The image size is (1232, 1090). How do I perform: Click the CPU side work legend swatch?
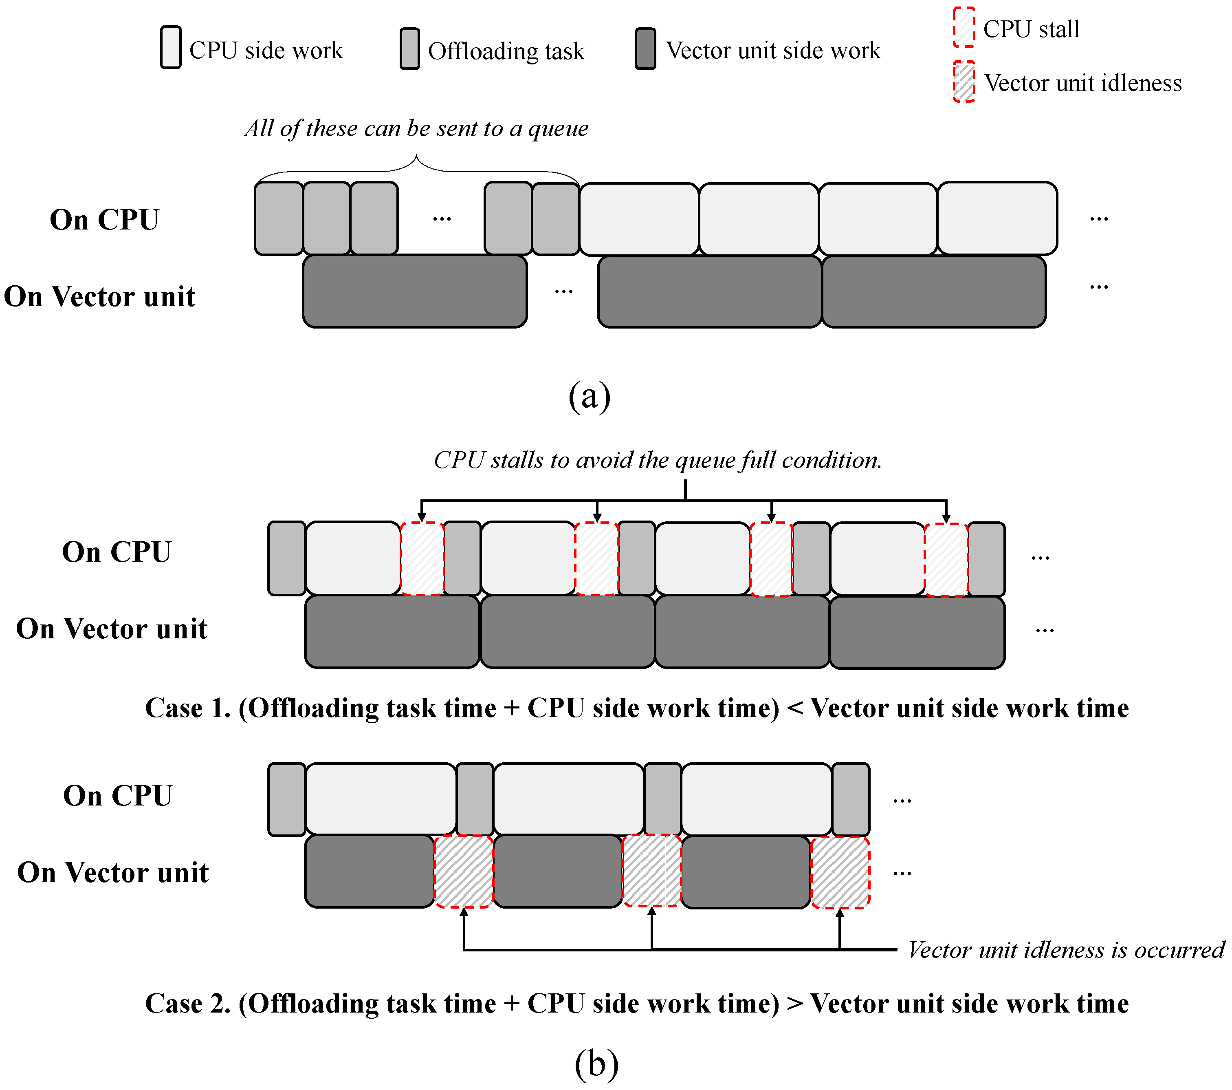pyautogui.click(x=171, y=47)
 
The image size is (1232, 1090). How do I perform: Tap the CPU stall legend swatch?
pyautogui.click(x=964, y=28)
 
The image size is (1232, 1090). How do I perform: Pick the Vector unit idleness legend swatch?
pyautogui.click(x=964, y=82)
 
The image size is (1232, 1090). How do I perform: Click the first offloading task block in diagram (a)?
pyautogui.click(x=279, y=218)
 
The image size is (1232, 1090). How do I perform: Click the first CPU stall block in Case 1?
pyautogui.click(x=422, y=558)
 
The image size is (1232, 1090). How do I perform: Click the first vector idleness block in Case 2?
pyautogui.click(x=464, y=871)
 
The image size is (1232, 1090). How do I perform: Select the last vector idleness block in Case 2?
pyautogui.click(x=840, y=872)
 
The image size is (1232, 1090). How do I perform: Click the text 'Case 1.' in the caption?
pyautogui.click(x=187, y=708)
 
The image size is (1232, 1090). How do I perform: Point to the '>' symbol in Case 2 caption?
pyautogui.click(x=794, y=1004)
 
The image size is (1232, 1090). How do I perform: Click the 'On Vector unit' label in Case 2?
pyautogui.click(x=113, y=872)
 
